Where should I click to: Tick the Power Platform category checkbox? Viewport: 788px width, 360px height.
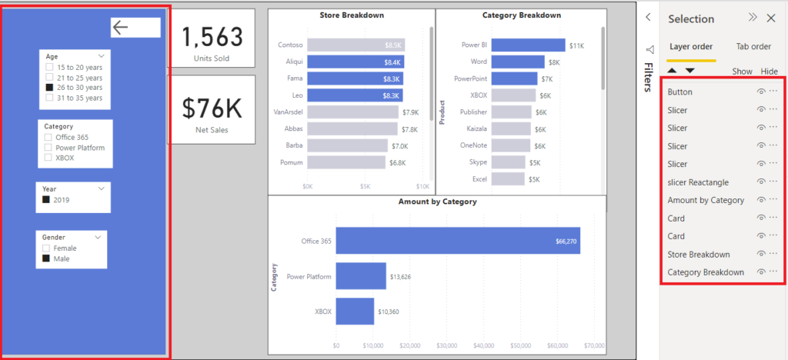(49, 147)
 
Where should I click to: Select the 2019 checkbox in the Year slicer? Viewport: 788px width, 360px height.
(46, 200)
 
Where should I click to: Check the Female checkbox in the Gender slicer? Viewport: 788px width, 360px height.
(47, 248)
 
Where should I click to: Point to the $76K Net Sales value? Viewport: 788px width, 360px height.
(212, 108)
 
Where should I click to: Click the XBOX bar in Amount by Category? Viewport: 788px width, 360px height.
(355, 312)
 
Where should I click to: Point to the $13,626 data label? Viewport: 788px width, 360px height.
(401, 276)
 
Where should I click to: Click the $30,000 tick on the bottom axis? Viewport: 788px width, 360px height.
(447, 345)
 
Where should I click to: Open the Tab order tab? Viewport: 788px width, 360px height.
(754, 46)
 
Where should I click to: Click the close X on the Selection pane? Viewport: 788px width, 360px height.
(770, 18)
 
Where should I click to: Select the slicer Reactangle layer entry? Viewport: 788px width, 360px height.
(698, 182)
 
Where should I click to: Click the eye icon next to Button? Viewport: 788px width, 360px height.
(760, 92)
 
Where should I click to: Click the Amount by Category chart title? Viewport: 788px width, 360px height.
(437, 202)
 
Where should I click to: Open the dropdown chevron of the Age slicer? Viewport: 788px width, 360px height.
(101, 56)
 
